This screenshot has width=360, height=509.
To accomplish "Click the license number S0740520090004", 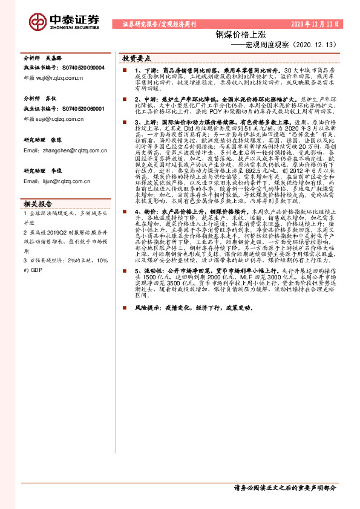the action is [x=83, y=68].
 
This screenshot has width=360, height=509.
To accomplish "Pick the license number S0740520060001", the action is [x=83, y=108].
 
